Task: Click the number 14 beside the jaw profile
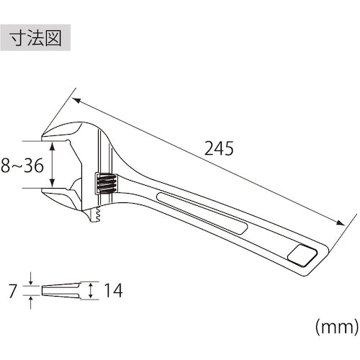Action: pyautogui.click(x=112, y=291)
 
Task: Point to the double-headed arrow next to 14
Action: pyautogui.click(x=91, y=290)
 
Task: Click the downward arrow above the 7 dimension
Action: pyautogui.click(x=31, y=279)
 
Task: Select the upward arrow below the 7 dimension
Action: pyautogui.click(x=31, y=302)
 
